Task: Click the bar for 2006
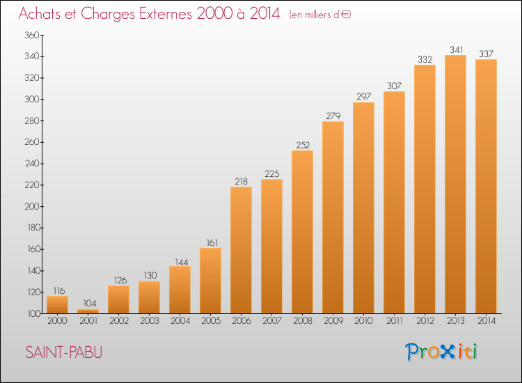pyautogui.click(x=241, y=250)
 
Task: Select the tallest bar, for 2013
pyautogui.click(x=455, y=185)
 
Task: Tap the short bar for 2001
pyautogui.click(x=88, y=311)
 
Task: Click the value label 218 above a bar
pyautogui.click(x=241, y=181)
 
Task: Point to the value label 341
pyautogui.click(x=455, y=49)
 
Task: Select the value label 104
pyautogui.click(x=88, y=304)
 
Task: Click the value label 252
pyautogui.click(x=302, y=145)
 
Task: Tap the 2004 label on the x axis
pyautogui.click(x=180, y=322)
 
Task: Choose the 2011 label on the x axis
pyautogui.click(x=394, y=322)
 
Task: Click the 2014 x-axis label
pyautogui.click(x=486, y=322)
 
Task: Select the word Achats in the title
pyautogui.click(x=43, y=14)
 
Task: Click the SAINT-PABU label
pyautogui.click(x=63, y=352)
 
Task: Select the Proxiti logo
pyautogui.click(x=442, y=352)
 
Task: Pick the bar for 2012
pyautogui.click(x=425, y=189)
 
